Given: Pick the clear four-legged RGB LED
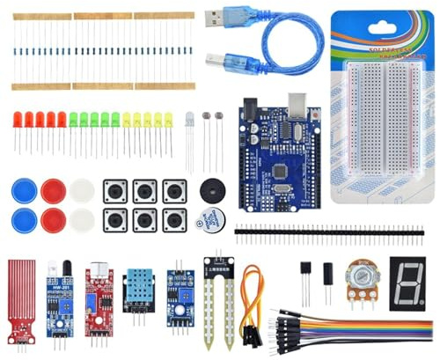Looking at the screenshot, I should [x=190, y=119].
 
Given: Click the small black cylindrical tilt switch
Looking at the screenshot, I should [x=327, y=272].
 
